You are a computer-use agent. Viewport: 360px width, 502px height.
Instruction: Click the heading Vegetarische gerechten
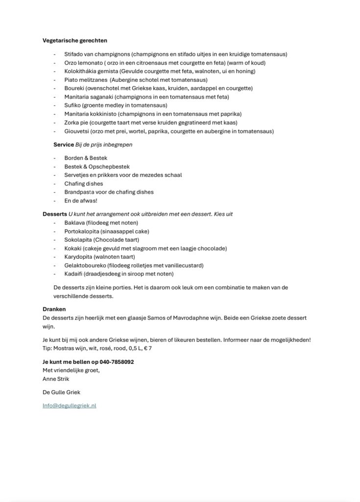[75, 40]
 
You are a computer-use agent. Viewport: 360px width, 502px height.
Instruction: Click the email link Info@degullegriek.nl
[69, 405]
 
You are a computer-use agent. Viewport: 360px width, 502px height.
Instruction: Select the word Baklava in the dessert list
[74, 223]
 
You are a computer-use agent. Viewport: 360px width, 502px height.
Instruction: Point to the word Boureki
[73, 88]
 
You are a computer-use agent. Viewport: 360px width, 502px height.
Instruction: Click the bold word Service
[63, 145]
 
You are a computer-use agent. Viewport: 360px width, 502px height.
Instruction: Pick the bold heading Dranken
[54, 309]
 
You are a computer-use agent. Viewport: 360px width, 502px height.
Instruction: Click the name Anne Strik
[56, 378]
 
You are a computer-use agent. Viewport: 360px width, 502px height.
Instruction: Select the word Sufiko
[72, 105]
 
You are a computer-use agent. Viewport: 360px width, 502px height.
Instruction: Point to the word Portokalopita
[81, 231]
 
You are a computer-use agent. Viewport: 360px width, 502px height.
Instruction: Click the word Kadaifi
[73, 274]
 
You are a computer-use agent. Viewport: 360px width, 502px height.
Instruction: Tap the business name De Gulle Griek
[61, 392]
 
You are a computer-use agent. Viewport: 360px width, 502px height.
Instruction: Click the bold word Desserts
[55, 214]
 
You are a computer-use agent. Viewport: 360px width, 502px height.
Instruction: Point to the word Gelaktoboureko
[85, 265]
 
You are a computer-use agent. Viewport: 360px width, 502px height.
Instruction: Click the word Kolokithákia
[80, 71]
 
